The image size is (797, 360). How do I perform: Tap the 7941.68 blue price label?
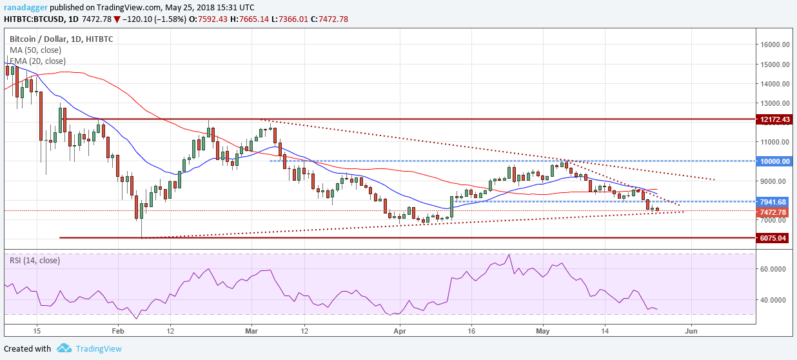tap(774, 202)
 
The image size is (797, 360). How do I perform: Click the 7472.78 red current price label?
tap(774, 212)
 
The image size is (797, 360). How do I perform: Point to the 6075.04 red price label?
tap(774, 238)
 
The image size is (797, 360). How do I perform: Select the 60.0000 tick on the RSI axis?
tap(772, 269)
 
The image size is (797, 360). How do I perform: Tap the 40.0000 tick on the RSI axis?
tap(772, 300)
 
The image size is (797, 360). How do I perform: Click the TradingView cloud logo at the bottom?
tap(64, 348)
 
